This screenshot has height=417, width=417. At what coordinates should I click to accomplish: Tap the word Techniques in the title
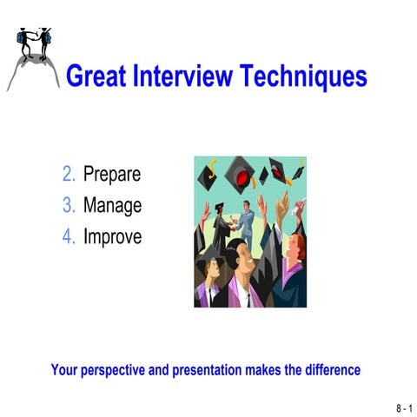pyautogui.click(x=307, y=77)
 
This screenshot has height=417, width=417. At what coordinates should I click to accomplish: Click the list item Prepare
pyautogui.click(x=112, y=175)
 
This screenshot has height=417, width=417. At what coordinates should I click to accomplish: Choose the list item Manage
pyautogui.click(x=112, y=206)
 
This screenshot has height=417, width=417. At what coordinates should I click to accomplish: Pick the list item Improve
pyautogui.click(x=112, y=236)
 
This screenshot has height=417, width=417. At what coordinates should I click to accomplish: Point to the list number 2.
pyautogui.click(x=69, y=175)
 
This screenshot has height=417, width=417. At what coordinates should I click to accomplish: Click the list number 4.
pyautogui.click(x=69, y=236)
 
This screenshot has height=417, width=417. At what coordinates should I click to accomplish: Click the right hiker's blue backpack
pyautogui.click(x=48, y=36)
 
